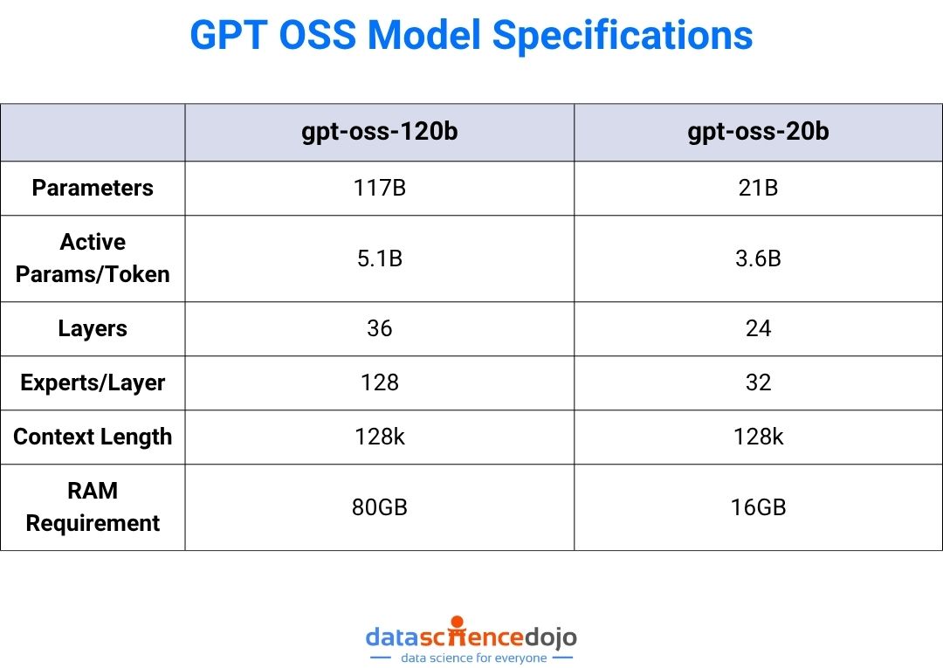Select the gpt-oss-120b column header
380,133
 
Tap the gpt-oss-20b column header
758,133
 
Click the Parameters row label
93,188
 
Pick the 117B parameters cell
380,188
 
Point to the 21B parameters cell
758,188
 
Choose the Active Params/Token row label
93,258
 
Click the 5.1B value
380,258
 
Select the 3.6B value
758,258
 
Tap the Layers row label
93,329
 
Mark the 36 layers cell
380,329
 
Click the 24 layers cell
758,329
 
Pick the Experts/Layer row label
93,382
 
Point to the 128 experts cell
380,382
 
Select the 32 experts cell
758,382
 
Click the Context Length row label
93,437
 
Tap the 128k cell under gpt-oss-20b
758,437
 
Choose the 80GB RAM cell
380,506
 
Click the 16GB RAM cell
758,506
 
